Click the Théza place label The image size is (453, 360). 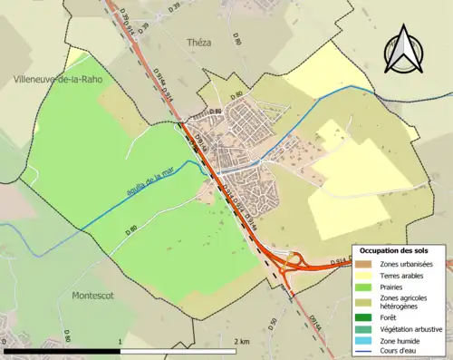point(198,42)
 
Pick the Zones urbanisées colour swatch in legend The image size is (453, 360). point(366,264)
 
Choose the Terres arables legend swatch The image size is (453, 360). point(366,275)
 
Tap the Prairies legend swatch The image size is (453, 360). point(366,287)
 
